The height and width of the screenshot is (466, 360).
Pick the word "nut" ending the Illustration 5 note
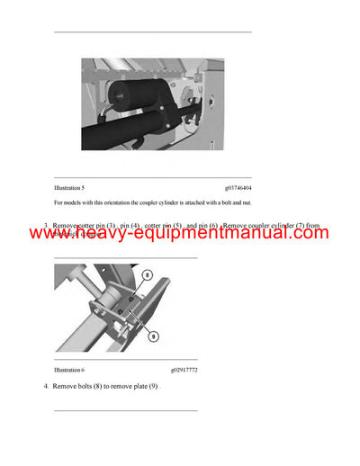245,202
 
